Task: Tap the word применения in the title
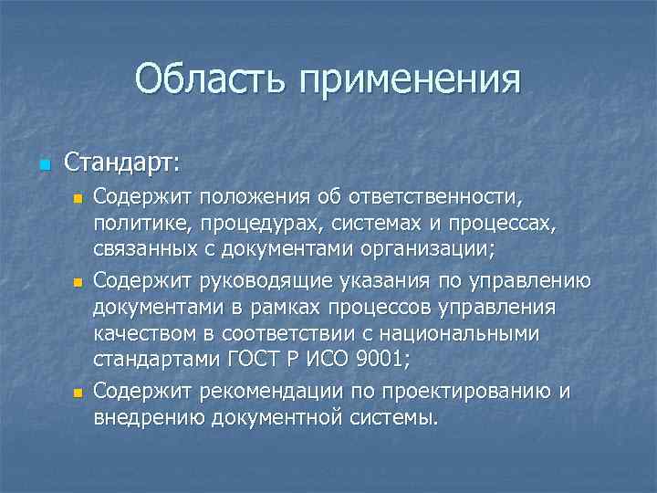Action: point(409,80)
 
